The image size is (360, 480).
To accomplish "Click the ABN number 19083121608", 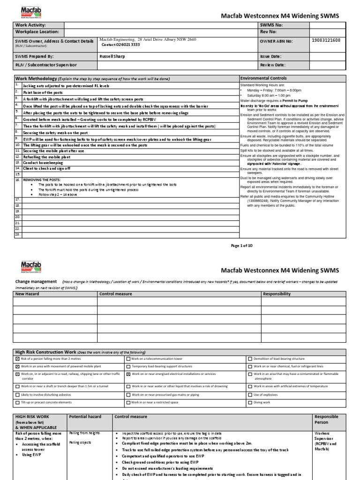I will click(x=326, y=41).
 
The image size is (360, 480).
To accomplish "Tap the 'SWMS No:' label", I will click(x=271, y=24).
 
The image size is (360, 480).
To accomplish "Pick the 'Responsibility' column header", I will click(x=277, y=294).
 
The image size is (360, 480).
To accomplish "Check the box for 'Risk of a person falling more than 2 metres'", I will click(x=18, y=359).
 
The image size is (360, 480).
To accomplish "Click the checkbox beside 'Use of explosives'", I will click(x=250, y=395).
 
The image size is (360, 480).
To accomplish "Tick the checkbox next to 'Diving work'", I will click(x=250, y=402).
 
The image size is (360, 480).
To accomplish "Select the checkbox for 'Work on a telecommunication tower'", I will click(x=128, y=359).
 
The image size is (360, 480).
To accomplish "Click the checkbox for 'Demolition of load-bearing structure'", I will click(x=250, y=359).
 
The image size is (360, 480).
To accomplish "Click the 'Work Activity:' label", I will click(x=31, y=24).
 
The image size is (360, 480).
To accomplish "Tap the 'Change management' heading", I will click(x=37, y=282).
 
